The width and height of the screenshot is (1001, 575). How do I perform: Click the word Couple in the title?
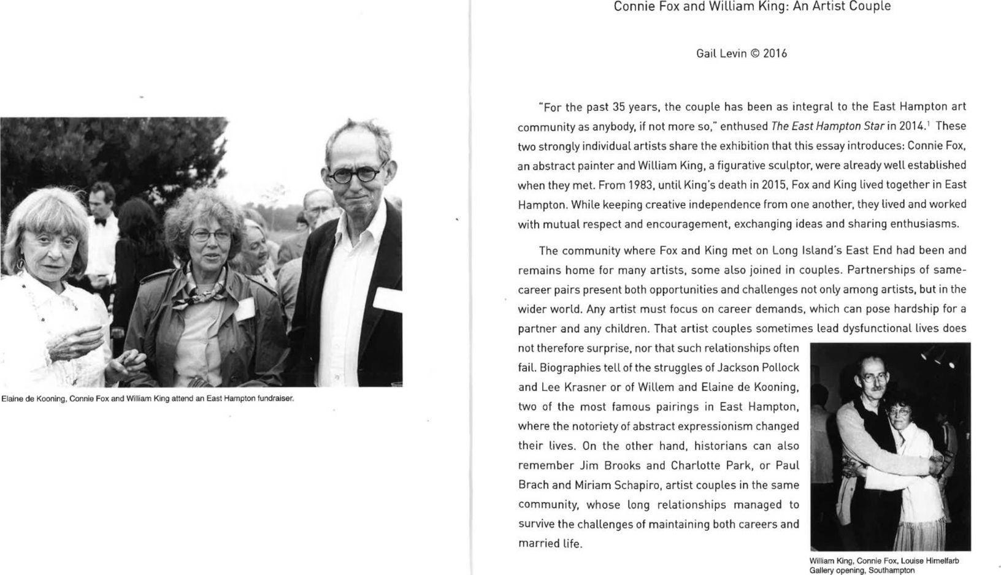click(870, 7)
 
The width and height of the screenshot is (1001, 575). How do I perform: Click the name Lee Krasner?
click(567, 387)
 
